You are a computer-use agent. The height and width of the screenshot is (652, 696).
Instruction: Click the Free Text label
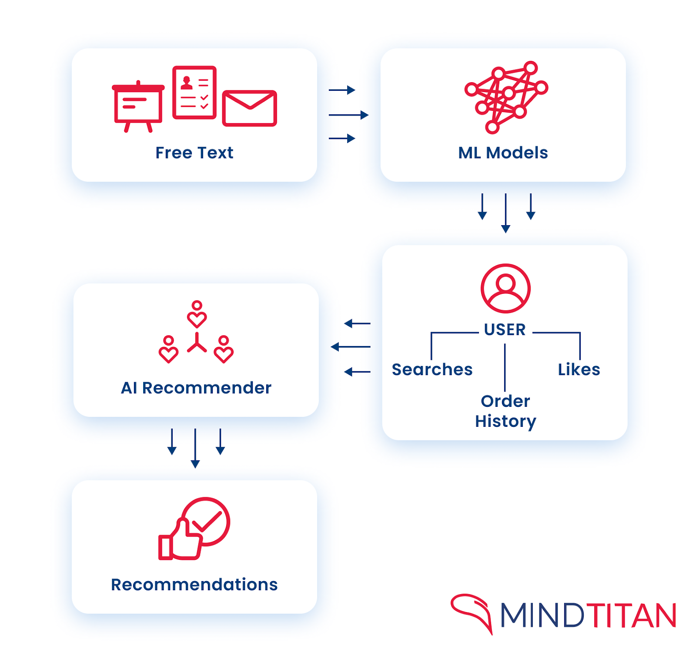pyautogui.click(x=194, y=153)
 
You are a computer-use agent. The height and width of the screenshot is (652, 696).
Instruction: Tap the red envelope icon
pyautogui.click(x=249, y=108)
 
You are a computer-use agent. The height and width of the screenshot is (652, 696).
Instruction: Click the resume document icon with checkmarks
pyautogui.click(x=194, y=92)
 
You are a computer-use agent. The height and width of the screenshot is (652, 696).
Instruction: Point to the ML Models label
pyautogui.click(x=503, y=153)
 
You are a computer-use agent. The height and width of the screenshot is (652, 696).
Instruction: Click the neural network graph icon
pyautogui.click(x=506, y=96)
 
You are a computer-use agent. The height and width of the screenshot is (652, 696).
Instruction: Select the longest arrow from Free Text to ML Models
pyautogui.click(x=348, y=115)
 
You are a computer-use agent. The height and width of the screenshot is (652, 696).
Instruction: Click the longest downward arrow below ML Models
pyautogui.click(x=505, y=213)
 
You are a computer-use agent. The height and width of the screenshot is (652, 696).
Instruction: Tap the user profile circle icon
pyautogui.click(x=505, y=288)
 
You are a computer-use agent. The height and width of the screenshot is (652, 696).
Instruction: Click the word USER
pyautogui.click(x=505, y=329)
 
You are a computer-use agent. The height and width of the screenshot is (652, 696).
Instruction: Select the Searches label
pyautogui.click(x=432, y=369)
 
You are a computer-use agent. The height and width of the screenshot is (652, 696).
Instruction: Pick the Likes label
pyautogui.click(x=579, y=369)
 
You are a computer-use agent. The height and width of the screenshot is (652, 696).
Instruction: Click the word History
pyautogui.click(x=505, y=421)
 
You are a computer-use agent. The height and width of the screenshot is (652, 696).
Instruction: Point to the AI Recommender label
pyautogui.click(x=196, y=388)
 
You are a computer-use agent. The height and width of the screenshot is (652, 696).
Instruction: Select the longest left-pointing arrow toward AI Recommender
pyautogui.click(x=351, y=346)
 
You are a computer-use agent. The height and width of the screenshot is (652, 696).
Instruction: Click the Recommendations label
pyautogui.click(x=194, y=585)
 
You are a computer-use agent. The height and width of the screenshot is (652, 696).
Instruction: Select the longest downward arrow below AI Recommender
pyautogui.click(x=195, y=448)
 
